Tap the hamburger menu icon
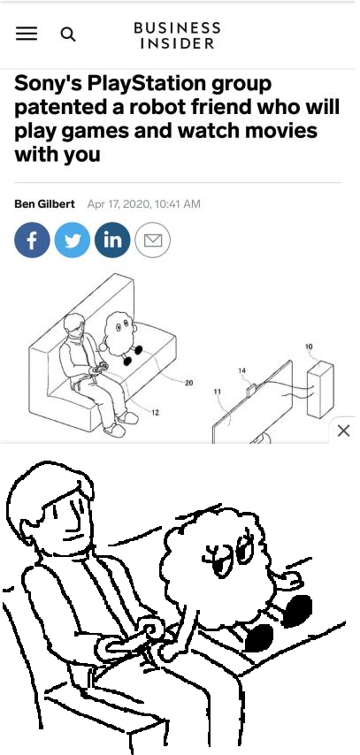coord(27,34)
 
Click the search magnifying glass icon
coord(68,34)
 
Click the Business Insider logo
coord(178,34)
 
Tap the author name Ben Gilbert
coord(44,203)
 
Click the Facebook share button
coord(33,240)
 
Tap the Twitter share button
coord(73,240)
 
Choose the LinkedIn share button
coord(112,240)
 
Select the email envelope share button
coord(153,240)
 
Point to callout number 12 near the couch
coord(155,412)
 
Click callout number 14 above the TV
coord(242,370)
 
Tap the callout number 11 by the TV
coord(218,392)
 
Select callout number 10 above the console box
coord(309,347)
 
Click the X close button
coord(343,431)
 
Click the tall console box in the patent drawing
coord(320,389)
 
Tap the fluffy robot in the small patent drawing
coord(120,337)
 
